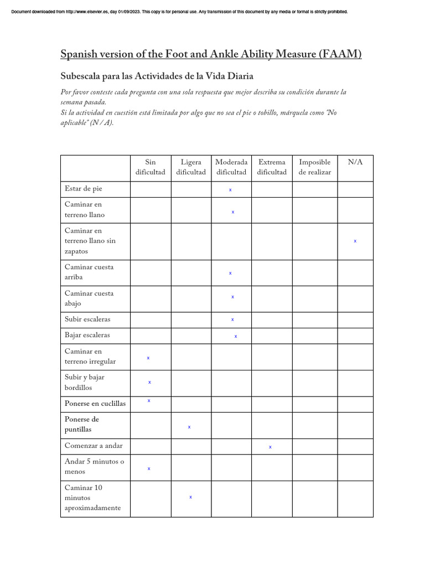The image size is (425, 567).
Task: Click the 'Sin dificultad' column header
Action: pos(151,167)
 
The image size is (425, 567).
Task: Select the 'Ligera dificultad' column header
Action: pos(191,167)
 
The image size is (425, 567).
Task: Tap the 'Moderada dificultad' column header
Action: pos(231,167)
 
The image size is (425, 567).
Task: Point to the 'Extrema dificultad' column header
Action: pos(272,167)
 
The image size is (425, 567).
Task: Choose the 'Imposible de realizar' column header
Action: pos(314,167)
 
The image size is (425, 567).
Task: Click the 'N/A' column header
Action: pos(355,162)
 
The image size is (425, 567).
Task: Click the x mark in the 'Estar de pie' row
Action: pos(230,190)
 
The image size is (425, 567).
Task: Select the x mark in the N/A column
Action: pos(355,241)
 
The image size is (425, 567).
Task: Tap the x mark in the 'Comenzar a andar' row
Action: pos(270,447)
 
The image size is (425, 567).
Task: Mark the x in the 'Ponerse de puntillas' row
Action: pos(189,427)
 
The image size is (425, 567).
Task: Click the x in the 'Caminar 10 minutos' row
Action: pos(190,497)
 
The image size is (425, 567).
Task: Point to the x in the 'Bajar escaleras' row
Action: pos(236,336)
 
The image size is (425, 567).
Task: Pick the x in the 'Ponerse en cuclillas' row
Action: pos(149,400)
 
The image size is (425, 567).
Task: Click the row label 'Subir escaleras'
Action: pos(87,319)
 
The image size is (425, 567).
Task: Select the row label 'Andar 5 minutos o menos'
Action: pos(95,466)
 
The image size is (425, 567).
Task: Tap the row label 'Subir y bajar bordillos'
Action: pos(85,382)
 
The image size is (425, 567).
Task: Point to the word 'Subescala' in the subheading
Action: pos(79,76)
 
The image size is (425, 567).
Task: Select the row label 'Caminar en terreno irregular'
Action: pos(90,356)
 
